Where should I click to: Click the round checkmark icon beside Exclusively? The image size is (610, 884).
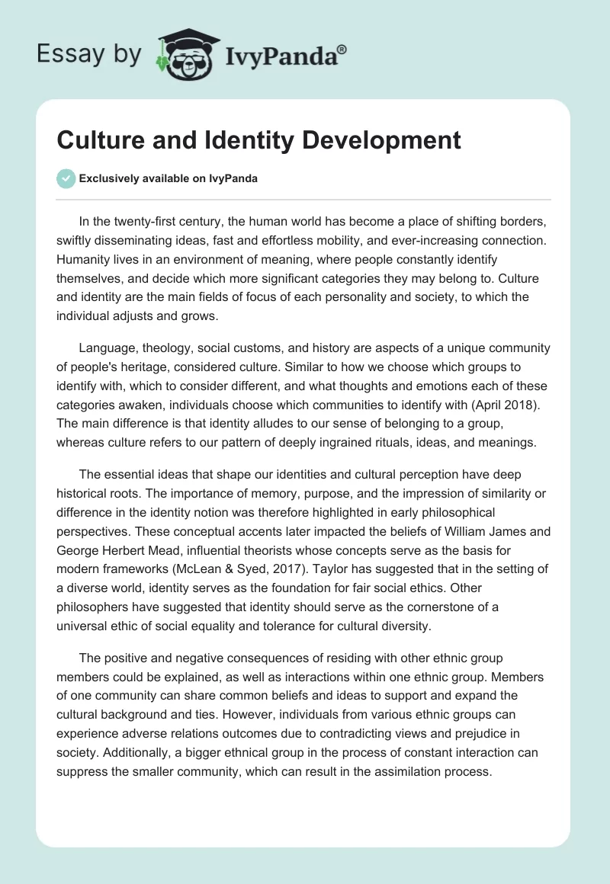tap(66, 178)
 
